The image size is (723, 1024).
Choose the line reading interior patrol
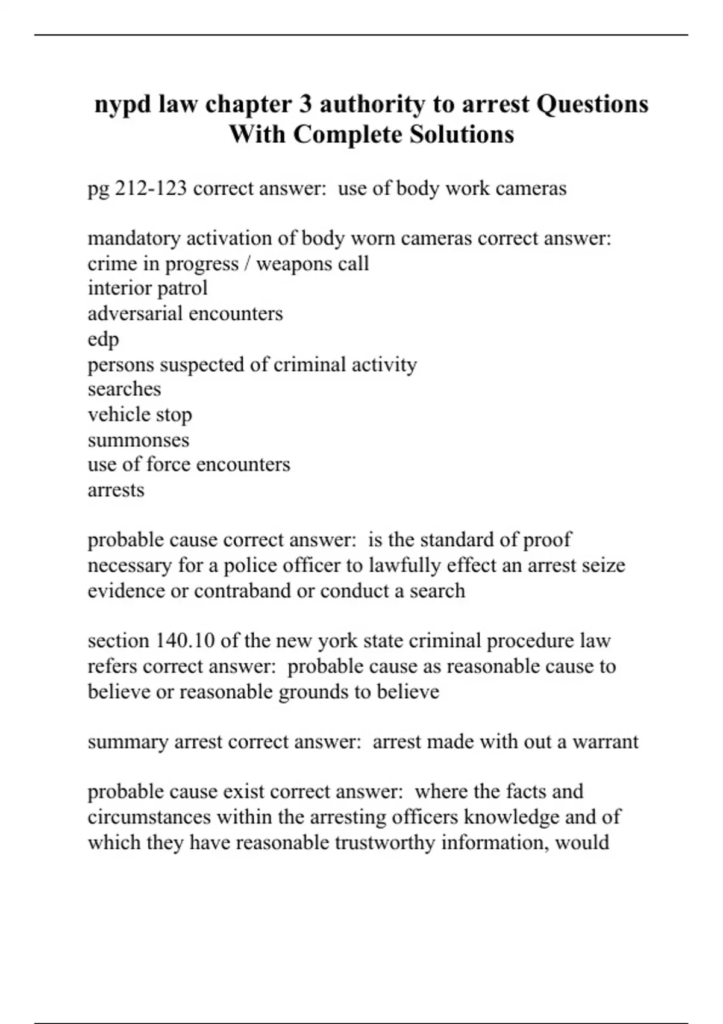pos(148,288)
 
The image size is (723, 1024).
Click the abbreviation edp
pos(103,340)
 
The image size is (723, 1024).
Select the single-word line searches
pos(124,389)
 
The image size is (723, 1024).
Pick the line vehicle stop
pos(140,414)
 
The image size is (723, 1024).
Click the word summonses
pos(138,440)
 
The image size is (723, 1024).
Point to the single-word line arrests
pos(116,490)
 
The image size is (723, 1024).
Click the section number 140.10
pos(185,640)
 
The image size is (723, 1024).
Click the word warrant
pos(605,741)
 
